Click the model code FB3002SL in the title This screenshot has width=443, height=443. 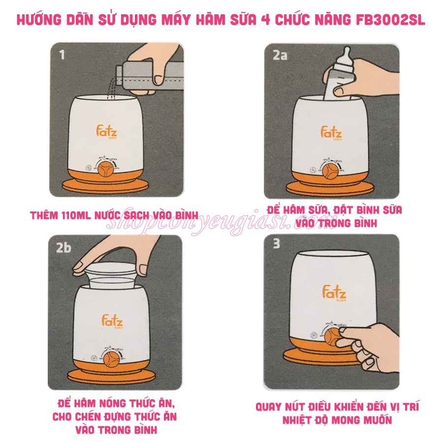click(388, 20)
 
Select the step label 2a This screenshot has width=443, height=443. click(280, 55)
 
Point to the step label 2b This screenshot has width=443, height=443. click(63, 248)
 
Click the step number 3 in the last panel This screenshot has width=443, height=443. click(277, 244)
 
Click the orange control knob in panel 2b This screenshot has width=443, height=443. click(112, 359)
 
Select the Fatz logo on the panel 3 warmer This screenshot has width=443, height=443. click(334, 293)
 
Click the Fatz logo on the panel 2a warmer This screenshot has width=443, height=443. click(331, 133)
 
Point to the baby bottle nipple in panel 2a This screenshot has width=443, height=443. click(347, 56)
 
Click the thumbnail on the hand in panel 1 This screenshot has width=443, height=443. click(159, 80)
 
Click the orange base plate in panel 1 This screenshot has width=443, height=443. click(106, 186)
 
